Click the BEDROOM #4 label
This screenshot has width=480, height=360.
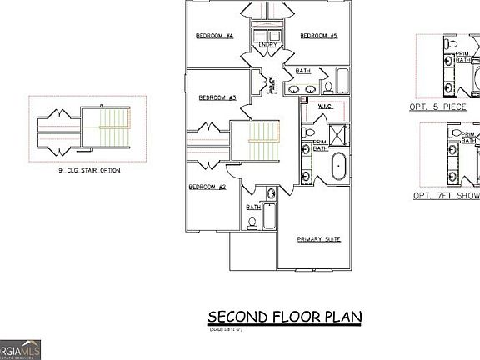pyautogui.click(x=214, y=36)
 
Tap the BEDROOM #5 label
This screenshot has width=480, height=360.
pyautogui.click(x=318, y=36)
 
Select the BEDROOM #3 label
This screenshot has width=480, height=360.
pyautogui.click(x=217, y=97)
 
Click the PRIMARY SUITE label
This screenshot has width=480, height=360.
pyautogui.click(x=319, y=239)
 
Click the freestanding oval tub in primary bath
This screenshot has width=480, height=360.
pyautogui.click(x=338, y=166)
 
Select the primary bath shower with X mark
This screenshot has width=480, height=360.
pyautogui.click(x=337, y=133)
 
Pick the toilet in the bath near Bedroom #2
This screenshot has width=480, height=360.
pyautogui.click(x=252, y=222)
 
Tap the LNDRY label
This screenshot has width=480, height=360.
pyautogui.click(x=268, y=45)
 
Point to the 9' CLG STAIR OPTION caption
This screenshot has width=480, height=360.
pyautogui.click(x=88, y=170)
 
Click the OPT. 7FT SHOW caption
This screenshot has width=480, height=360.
pyautogui.click(x=446, y=196)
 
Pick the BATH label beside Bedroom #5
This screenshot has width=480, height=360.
pyautogui.click(x=303, y=71)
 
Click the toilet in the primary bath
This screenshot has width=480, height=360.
pyautogui.click(x=307, y=131)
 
